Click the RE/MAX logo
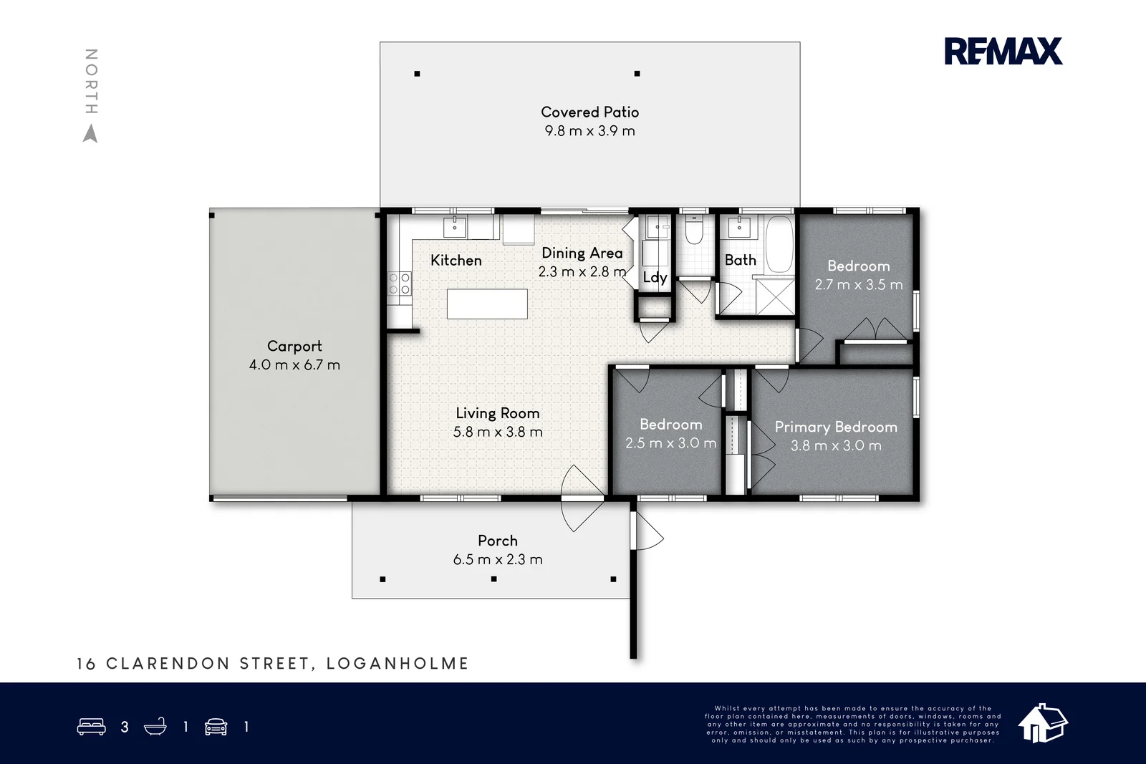[x=1003, y=52]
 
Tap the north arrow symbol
[x=90, y=134]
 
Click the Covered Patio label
[x=589, y=112]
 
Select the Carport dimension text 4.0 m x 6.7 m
[x=294, y=364]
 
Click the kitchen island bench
[x=487, y=304]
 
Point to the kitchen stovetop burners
[x=400, y=284]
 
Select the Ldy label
[x=655, y=277]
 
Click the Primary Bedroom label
[x=836, y=427]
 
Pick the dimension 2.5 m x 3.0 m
[x=670, y=443]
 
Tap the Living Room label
[x=498, y=413]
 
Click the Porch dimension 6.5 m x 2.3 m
[x=498, y=559]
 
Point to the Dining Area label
[x=582, y=253]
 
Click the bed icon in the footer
[x=91, y=727]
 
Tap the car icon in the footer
[x=216, y=727]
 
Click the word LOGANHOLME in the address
[x=398, y=664]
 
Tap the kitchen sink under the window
[x=454, y=227]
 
